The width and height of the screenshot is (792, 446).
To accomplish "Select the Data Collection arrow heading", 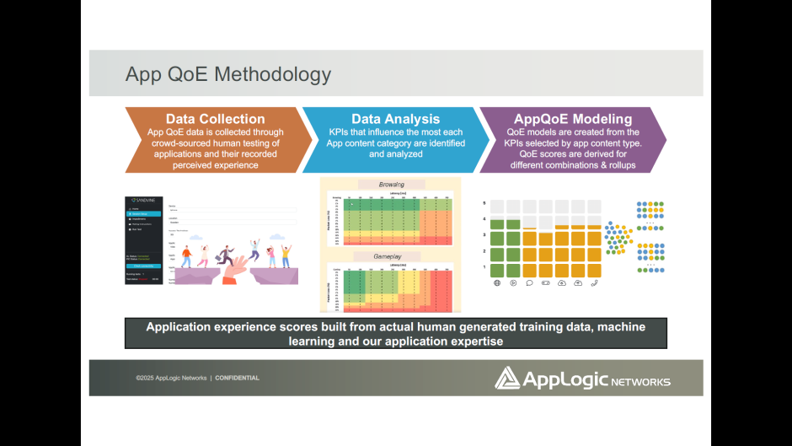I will click(215, 119).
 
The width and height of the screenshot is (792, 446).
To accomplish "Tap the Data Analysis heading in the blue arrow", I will click(395, 119).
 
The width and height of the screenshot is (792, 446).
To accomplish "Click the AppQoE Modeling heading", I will click(573, 119).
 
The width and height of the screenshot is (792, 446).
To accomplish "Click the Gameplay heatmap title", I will click(390, 255).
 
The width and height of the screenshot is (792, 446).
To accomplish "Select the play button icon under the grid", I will click(512, 283).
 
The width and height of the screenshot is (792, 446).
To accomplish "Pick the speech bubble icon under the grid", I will click(529, 283).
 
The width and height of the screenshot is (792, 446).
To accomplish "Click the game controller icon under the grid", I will click(545, 283).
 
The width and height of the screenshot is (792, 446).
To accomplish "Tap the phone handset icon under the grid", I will click(594, 283).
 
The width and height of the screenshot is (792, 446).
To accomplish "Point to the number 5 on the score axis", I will click(484, 203).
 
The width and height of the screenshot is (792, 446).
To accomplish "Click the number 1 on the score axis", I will click(484, 267).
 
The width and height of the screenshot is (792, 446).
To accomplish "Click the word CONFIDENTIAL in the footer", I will click(238, 378).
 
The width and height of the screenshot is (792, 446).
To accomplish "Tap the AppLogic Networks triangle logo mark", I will click(507, 378).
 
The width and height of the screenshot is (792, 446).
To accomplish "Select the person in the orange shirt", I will click(186, 254).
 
